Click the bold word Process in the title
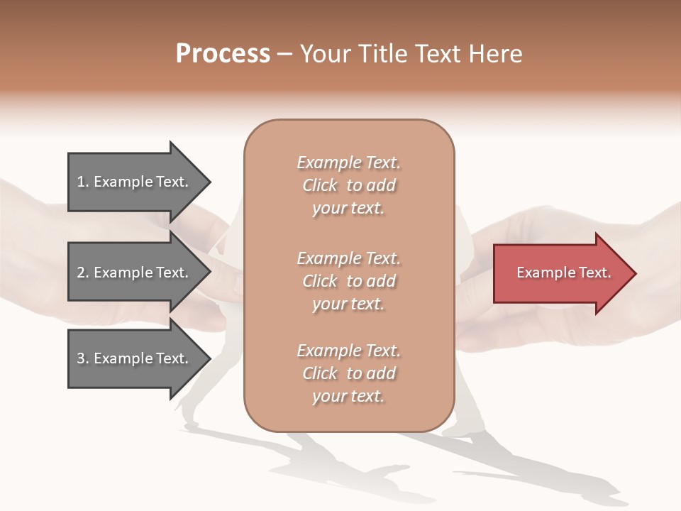click(x=223, y=54)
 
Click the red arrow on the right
click(x=560, y=273)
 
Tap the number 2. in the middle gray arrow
click(x=83, y=273)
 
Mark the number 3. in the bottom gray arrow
click(x=83, y=358)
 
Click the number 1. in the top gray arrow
click(x=83, y=182)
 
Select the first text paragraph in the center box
click(x=348, y=185)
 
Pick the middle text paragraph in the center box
click(x=348, y=281)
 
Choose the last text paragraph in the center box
click(x=348, y=373)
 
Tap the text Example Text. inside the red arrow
click(x=563, y=273)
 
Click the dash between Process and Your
click(x=285, y=55)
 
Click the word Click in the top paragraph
click(x=320, y=185)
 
